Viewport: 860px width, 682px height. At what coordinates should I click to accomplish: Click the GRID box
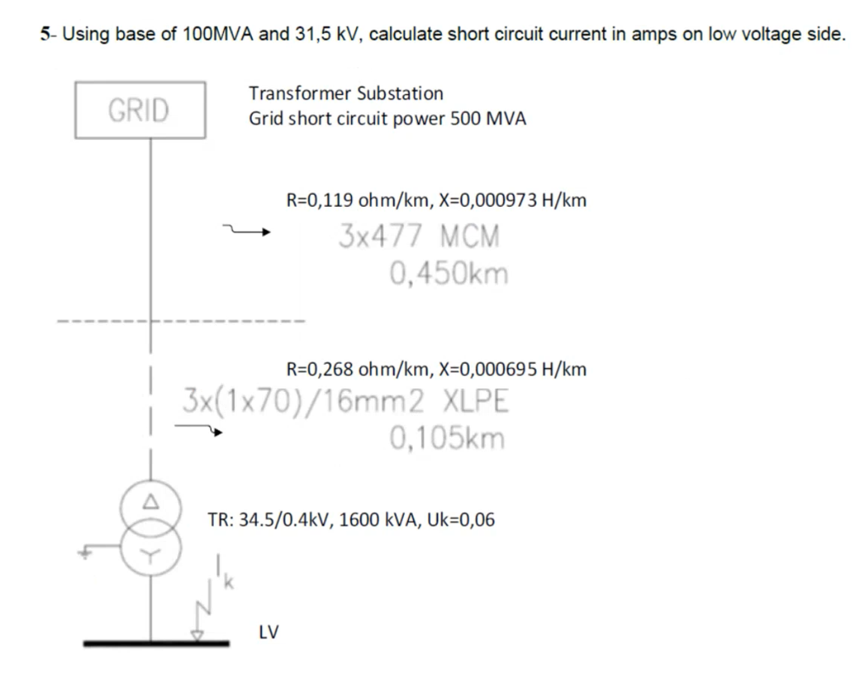[140, 110]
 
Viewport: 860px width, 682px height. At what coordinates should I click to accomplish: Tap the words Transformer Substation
[345, 93]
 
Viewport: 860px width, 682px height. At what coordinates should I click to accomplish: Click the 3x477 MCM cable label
[419, 236]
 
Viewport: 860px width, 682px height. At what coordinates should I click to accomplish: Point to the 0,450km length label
[449, 274]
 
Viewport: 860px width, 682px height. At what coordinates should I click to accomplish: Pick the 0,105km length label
[447, 439]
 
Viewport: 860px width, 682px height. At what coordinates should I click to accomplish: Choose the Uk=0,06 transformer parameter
[462, 520]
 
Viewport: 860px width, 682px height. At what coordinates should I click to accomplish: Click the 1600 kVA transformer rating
[372, 520]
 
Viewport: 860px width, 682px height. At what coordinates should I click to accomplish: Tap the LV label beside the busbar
[268, 632]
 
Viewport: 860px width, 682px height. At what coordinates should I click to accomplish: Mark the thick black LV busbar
[156, 643]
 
